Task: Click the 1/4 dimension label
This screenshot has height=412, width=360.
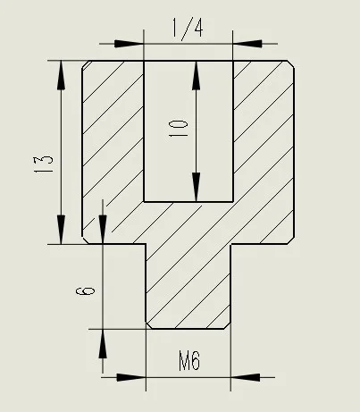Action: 188,28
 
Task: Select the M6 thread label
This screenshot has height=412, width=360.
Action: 189,361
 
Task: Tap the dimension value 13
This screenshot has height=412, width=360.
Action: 44,164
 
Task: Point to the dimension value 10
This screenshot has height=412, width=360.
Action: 179,129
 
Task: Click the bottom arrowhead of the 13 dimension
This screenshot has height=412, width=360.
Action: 61,230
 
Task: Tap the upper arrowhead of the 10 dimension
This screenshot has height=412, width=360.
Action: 196,75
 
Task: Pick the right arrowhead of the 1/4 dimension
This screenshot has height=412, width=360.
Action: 247,44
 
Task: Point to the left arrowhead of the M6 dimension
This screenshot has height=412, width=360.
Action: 131,377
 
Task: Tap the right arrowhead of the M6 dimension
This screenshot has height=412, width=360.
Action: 246,377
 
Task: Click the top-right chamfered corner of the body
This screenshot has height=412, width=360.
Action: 291,64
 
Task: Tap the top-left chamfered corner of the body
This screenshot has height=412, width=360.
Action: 87,64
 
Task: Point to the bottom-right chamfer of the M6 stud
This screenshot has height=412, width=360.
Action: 227,325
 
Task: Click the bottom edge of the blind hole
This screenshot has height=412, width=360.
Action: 188,202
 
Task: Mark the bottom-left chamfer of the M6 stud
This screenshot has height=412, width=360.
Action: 149,325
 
